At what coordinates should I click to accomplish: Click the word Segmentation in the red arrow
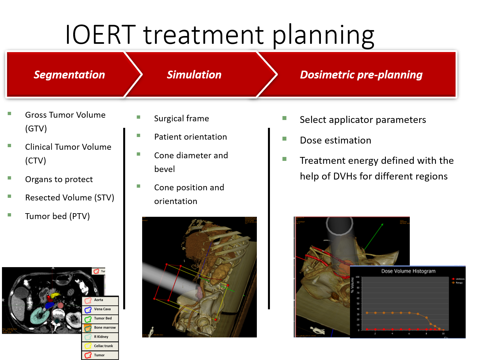pyautogui.click(x=69, y=75)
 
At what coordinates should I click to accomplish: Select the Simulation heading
pyautogui.click(x=194, y=75)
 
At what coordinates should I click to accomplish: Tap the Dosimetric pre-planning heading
pyautogui.click(x=361, y=75)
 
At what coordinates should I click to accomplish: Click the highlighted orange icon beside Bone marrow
pyautogui.click(x=88, y=328)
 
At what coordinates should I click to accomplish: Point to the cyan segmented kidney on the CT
pyautogui.click(x=39, y=316)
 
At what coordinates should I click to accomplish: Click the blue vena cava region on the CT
pyautogui.click(x=49, y=305)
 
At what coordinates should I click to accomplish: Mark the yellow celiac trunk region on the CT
pyautogui.click(x=56, y=295)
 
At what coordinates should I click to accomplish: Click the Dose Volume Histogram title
pyautogui.click(x=408, y=271)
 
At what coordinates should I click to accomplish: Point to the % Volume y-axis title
pyautogui.click(x=352, y=285)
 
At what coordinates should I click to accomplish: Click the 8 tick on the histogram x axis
pyautogui.click(x=426, y=334)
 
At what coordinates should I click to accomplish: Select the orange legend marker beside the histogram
pyautogui.click(x=453, y=283)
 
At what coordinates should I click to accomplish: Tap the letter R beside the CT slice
pyautogui.click(x=3, y=300)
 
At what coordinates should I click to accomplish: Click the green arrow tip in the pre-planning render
pyautogui.click(x=382, y=225)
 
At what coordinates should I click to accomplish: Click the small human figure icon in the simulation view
pyautogui.click(x=151, y=331)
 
